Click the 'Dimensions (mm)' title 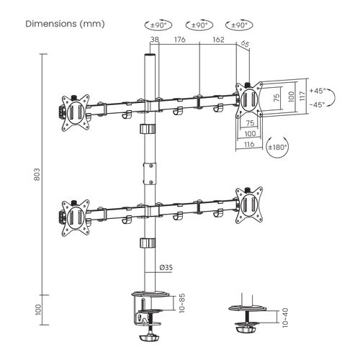coord(65,24)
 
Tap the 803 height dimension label coord(37,174)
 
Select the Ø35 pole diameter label coord(166,267)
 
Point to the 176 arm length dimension coord(180,40)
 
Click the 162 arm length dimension coord(218,40)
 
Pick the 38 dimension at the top coord(155,40)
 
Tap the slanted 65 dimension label coord(245,44)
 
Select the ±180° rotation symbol coord(277,147)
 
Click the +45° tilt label coord(318,91)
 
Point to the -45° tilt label coord(318,104)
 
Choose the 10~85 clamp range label coord(181,303)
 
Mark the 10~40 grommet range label coord(285,318)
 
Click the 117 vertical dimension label coord(302,96)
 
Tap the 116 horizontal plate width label coord(249,144)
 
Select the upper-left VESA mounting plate coord(76,113)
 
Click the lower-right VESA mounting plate coord(249,205)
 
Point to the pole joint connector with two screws coord(150,174)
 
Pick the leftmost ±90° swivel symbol coord(158,25)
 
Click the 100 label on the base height coord(38,310)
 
